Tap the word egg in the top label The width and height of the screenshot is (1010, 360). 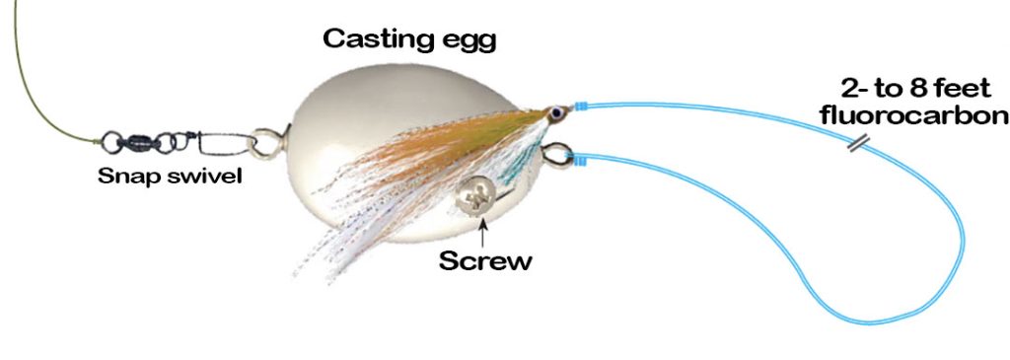pos(468,42)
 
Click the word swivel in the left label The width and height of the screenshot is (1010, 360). pos(204,179)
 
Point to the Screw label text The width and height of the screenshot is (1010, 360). pos(484,261)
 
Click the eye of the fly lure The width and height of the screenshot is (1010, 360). pos(558,114)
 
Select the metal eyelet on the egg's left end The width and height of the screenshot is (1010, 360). pos(264,144)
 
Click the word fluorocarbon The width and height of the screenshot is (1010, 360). pos(913,116)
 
